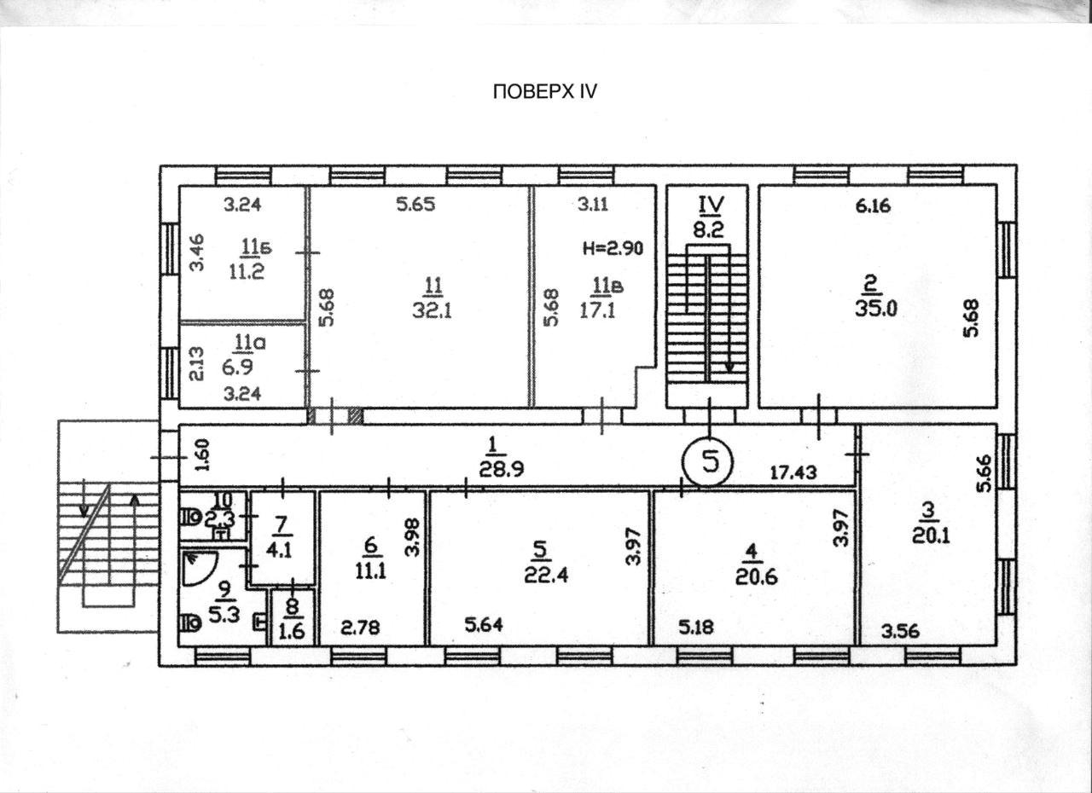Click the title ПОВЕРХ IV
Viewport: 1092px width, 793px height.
pos(545,91)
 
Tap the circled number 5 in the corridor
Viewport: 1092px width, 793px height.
pos(707,462)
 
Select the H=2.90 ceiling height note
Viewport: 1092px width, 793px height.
pos(613,248)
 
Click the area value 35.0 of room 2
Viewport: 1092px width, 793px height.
pos(876,309)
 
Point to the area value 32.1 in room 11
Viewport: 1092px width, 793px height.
pos(432,310)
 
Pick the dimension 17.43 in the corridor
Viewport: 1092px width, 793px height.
pos(793,472)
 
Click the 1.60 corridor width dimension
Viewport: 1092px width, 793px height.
pos(204,455)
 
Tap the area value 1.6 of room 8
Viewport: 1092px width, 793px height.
pos(293,632)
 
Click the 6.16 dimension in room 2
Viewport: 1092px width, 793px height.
pos(873,205)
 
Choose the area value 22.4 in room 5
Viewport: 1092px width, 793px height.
pos(546,576)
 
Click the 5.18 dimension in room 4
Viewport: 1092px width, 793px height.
pos(695,627)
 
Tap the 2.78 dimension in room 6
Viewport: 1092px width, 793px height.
pos(360,628)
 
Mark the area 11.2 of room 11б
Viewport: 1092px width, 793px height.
pos(247,271)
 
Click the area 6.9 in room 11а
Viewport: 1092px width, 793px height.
pos(237,367)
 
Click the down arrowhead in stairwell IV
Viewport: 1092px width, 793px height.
pos(729,368)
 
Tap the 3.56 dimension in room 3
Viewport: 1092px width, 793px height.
pos(900,632)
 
